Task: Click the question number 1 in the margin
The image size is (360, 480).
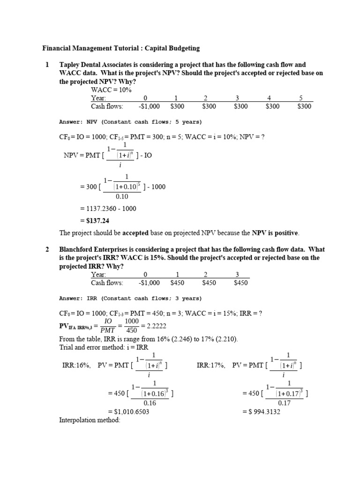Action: point(47,65)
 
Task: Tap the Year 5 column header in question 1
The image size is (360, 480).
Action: point(301,98)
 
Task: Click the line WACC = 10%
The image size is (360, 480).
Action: point(111,90)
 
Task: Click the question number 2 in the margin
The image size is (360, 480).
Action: point(47,250)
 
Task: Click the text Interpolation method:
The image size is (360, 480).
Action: point(90,420)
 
